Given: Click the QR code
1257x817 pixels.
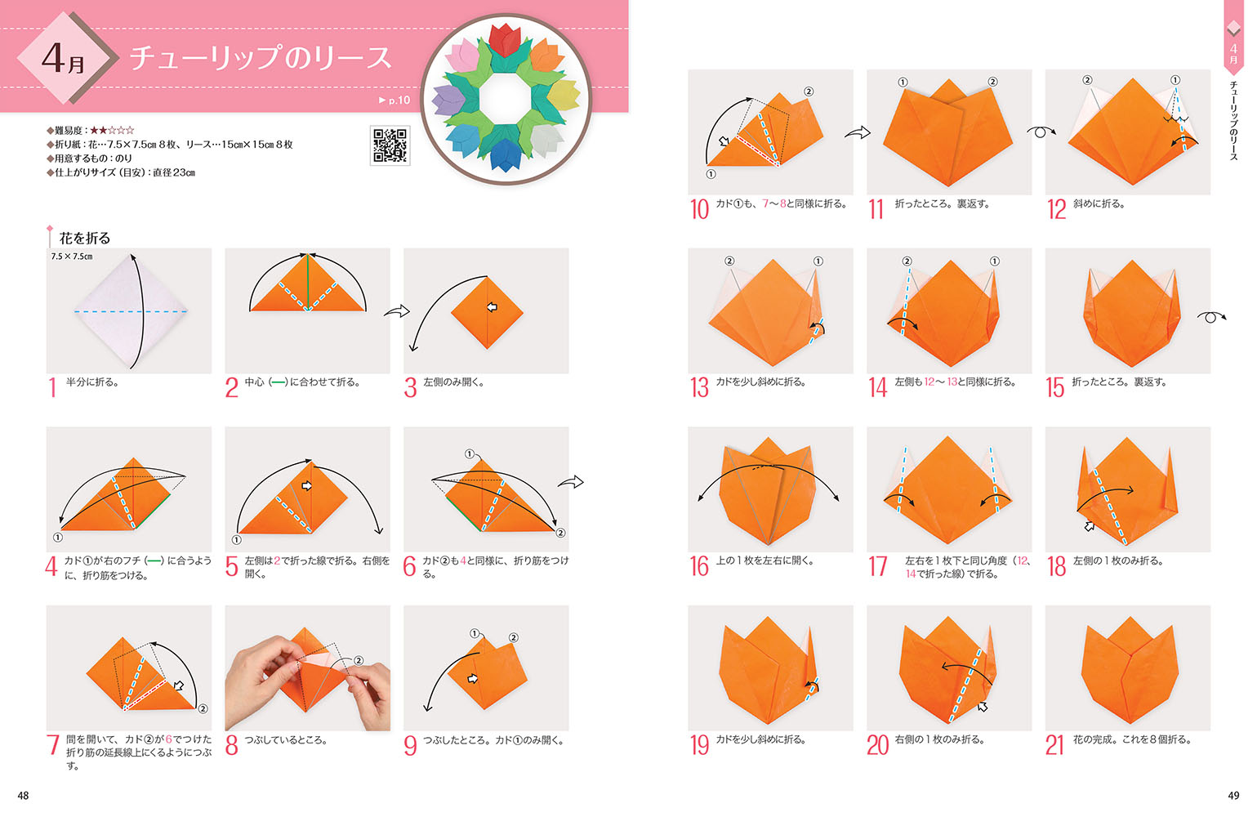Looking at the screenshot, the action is point(390,145).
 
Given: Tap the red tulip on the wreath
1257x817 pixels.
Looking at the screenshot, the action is point(505,38).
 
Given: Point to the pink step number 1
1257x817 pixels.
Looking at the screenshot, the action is point(53,387).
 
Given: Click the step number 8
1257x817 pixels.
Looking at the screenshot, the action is point(232,745).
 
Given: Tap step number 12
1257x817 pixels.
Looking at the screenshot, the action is point(1056,209).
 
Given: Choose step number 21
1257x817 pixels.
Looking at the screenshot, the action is point(1054,745).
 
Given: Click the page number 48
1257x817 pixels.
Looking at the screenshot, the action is point(23,795).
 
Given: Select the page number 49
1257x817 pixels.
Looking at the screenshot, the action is point(1233,795).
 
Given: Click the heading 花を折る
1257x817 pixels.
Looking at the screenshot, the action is point(85,238).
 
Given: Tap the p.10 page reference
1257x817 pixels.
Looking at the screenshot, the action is point(395,100).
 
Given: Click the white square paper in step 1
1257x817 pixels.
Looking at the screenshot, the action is point(131,311).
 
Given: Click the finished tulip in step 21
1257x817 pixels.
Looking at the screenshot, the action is point(1128,670).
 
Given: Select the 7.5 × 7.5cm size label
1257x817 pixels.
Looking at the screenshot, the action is point(72,257).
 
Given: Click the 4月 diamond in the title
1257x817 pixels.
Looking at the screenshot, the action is point(67,58).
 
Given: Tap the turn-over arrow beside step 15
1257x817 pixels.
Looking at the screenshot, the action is point(1211,317).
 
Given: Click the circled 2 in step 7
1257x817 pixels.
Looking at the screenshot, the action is point(203,708).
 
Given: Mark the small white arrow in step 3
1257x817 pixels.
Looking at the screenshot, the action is point(493,307).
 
